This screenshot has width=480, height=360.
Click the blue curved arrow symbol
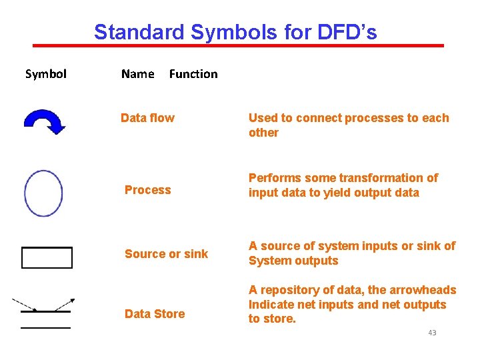(x=44, y=121)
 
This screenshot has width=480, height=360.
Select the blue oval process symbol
(x=43, y=193)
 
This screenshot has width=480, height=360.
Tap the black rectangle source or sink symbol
(x=47, y=257)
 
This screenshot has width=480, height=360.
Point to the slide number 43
(x=432, y=332)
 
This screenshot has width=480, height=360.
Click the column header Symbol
(x=45, y=74)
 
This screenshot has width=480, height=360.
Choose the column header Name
(x=137, y=74)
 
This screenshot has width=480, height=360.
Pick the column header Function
(x=193, y=74)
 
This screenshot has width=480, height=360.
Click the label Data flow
(x=147, y=118)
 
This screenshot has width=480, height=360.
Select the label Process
(x=147, y=190)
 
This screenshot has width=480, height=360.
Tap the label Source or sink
(x=166, y=254)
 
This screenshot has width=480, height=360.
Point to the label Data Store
(x=155, y=314)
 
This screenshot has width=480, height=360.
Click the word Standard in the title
(x=130, y=32)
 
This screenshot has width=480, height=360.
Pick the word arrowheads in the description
(x=423, y=290)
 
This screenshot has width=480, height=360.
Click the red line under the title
(x=238, y=45)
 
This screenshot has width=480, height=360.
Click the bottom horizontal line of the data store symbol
(x=45, y=327)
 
